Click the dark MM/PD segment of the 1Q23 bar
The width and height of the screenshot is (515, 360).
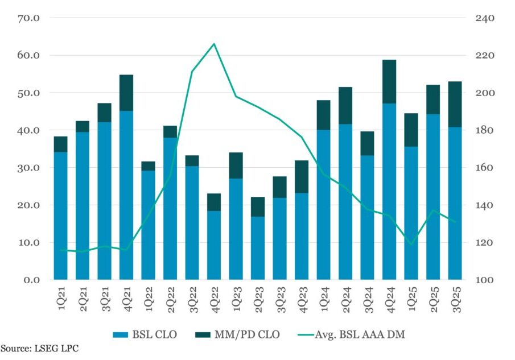[236, 165]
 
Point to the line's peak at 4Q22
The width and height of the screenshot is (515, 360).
[214, 44]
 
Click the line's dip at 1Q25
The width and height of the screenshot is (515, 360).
[411, 245]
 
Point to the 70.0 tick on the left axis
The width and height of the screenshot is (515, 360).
[28, 18]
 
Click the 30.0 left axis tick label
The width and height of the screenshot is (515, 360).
[28, 168]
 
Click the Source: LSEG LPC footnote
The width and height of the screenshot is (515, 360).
[39, 348]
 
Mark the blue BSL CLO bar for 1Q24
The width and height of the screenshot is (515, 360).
[324, 205]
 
